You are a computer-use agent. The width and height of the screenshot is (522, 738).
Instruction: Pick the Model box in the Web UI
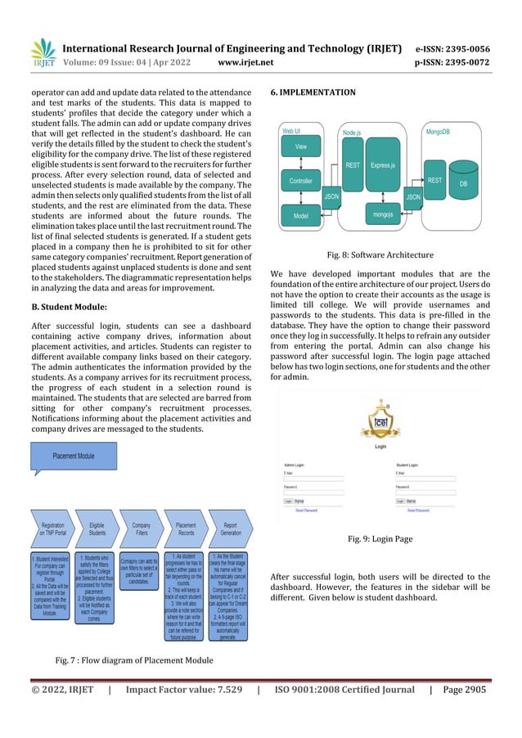point(301,215)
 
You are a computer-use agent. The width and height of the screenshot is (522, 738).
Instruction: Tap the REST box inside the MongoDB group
point(435,179)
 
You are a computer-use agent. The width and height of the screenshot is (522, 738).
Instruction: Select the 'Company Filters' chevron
point(142,529)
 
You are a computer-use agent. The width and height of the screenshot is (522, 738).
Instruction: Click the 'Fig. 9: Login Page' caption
point(380,540)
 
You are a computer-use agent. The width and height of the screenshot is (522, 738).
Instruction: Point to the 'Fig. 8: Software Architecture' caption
point(380,254)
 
